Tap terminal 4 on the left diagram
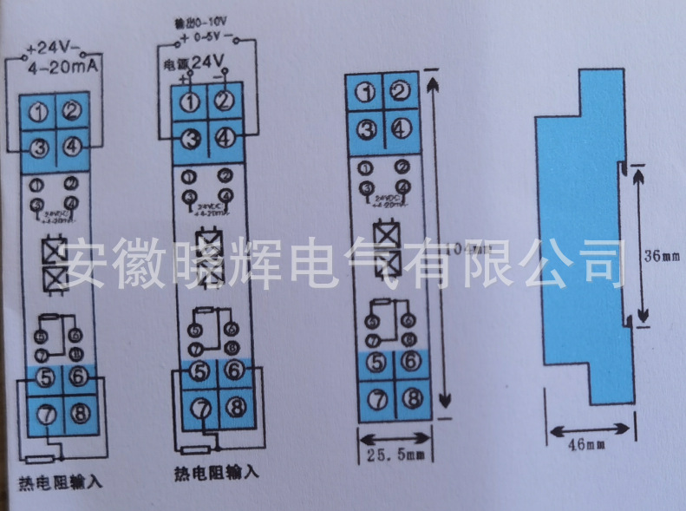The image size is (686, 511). point(73,145)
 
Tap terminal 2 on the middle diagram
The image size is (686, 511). point(225,100)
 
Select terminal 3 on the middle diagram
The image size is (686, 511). point(192,136)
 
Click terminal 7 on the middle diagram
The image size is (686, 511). point(200,406)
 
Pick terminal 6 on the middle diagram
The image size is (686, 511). point(234,370)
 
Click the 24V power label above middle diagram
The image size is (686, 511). point(207,62)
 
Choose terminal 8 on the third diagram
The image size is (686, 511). point(412,398)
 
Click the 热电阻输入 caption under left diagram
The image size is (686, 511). point(60,481)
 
